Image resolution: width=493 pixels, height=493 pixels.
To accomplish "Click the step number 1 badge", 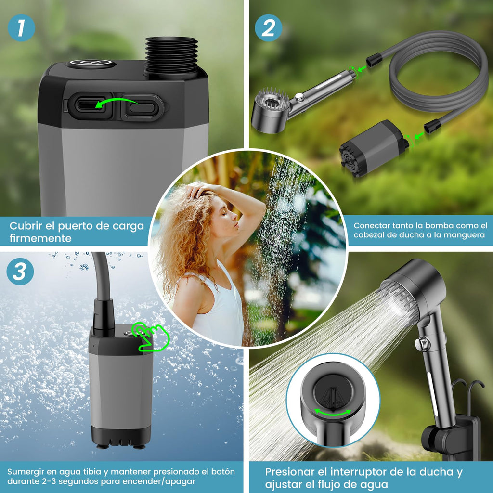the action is point(21,28).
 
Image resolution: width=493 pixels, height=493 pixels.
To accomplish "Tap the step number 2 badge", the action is point(268,28).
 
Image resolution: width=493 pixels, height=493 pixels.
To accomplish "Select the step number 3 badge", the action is point(20,272).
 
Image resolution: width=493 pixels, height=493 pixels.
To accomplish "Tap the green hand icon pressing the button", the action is point(151,337).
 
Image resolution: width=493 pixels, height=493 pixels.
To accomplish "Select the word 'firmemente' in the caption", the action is point(40,238).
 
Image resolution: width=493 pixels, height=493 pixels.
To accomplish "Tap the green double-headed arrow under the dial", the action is point(333,413).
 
